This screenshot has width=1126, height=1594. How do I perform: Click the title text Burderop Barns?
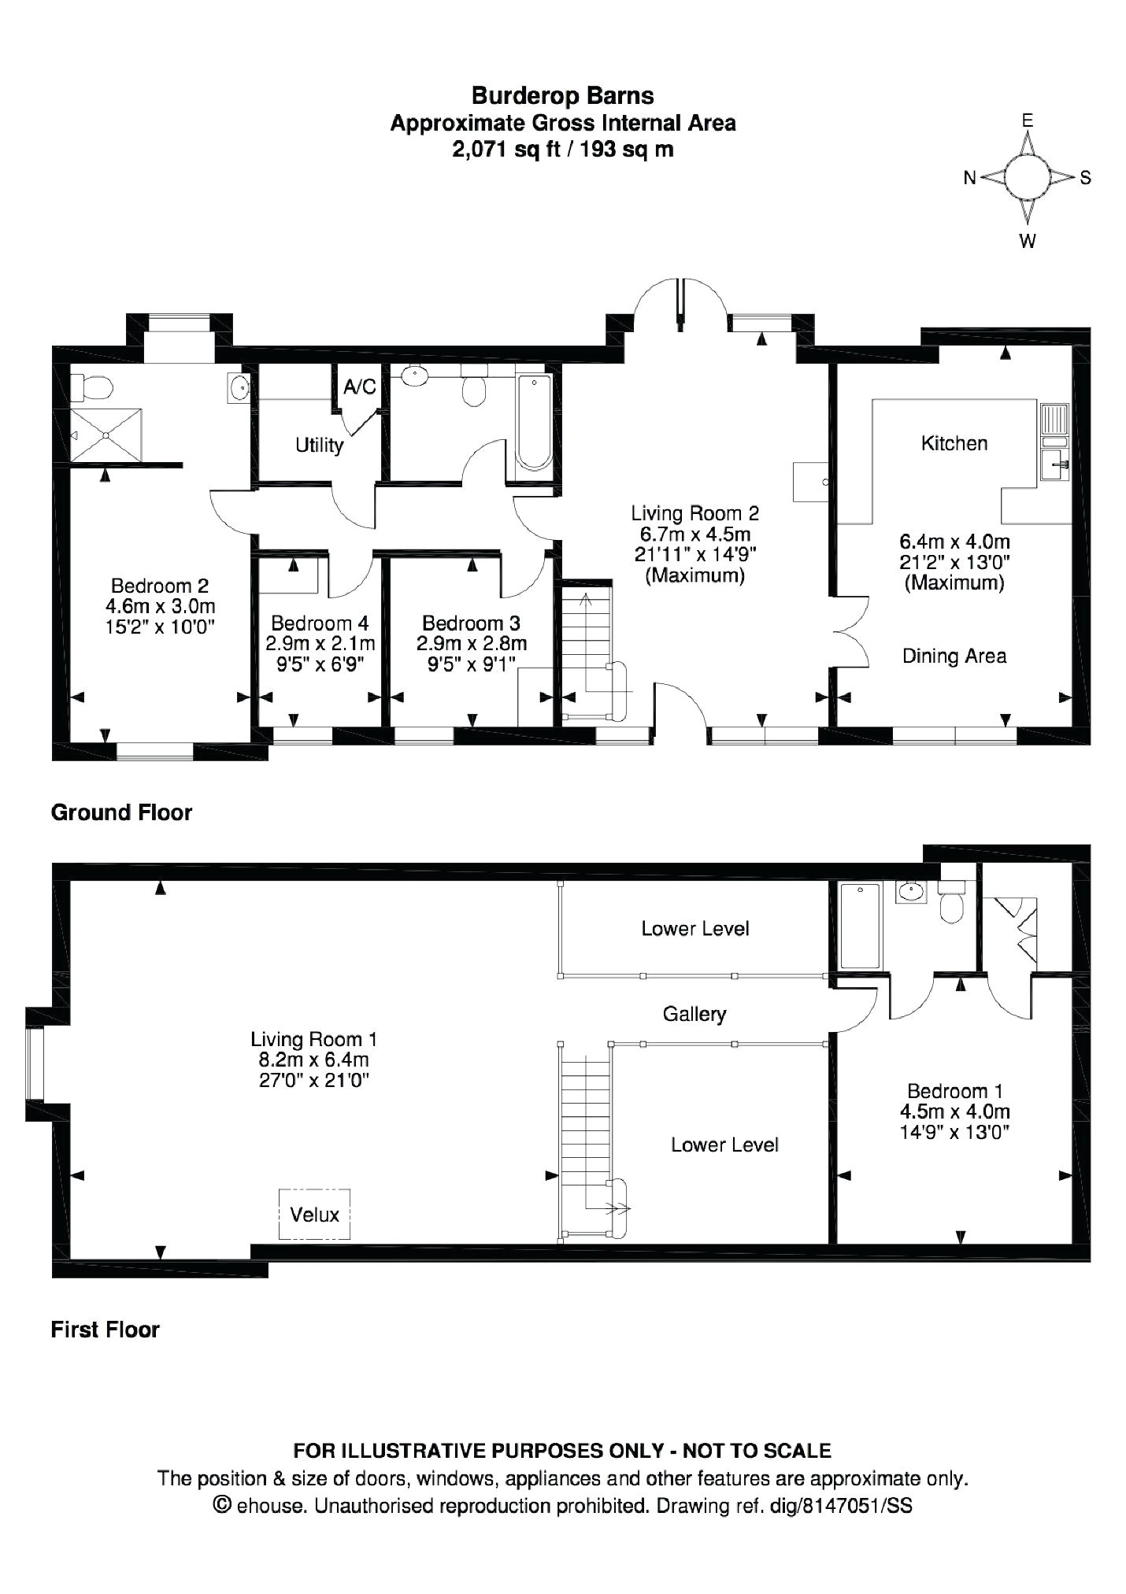562,96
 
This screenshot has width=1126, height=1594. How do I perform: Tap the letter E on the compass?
1027,120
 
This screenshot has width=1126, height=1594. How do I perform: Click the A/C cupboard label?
359,387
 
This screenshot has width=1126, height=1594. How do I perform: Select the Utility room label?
319,446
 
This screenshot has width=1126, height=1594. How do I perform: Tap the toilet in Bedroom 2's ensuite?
92,387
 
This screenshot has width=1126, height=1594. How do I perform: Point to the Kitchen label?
954,443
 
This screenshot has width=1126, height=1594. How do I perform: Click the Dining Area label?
954,656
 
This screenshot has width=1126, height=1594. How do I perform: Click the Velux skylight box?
314,1215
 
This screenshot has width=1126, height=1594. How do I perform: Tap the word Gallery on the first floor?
694,1014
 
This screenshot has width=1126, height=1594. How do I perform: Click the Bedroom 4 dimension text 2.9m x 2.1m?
320,643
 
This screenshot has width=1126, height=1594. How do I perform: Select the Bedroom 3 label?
471,623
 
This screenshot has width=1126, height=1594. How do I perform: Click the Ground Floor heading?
121,812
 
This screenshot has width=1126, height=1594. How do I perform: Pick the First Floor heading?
105,1330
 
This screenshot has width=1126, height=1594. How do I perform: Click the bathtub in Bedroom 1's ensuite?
859,926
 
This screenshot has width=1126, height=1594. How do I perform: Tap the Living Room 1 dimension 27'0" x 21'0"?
314,1081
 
